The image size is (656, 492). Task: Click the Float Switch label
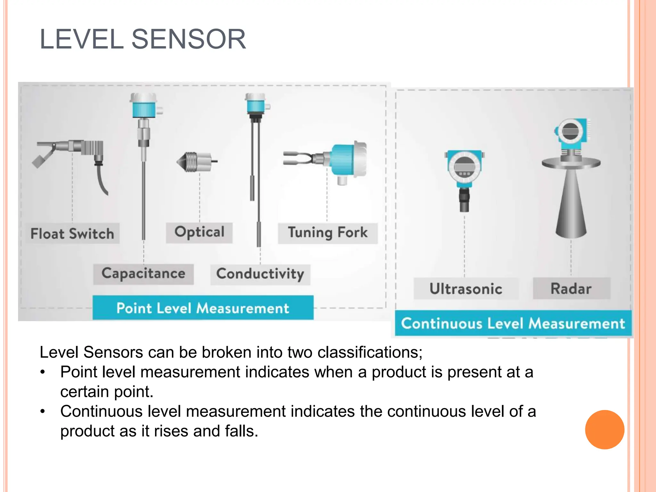click(72, 234)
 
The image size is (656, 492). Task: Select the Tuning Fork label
click(328, 233)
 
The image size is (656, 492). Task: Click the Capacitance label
click(143, 274)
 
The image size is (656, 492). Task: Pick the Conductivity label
click(260, 274)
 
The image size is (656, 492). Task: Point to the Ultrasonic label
click(466, 289)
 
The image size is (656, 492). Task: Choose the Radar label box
click(571, 288)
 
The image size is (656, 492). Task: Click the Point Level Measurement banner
click(203, 308)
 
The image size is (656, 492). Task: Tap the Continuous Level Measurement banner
click(513, 323)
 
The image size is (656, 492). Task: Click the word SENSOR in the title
click(189, 39)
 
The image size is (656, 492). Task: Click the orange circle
click(604, 430)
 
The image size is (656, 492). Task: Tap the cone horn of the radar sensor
click(571, 205)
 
